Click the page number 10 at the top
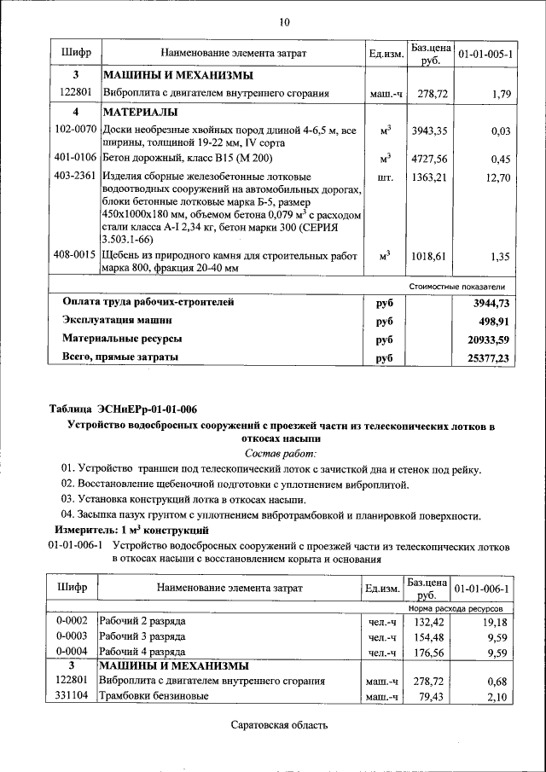coord(285,22)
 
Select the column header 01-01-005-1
coord(485,55)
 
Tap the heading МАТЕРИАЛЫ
coord(141,113)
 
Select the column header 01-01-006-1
coord(483,589)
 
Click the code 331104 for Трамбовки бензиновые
coord(73,697)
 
